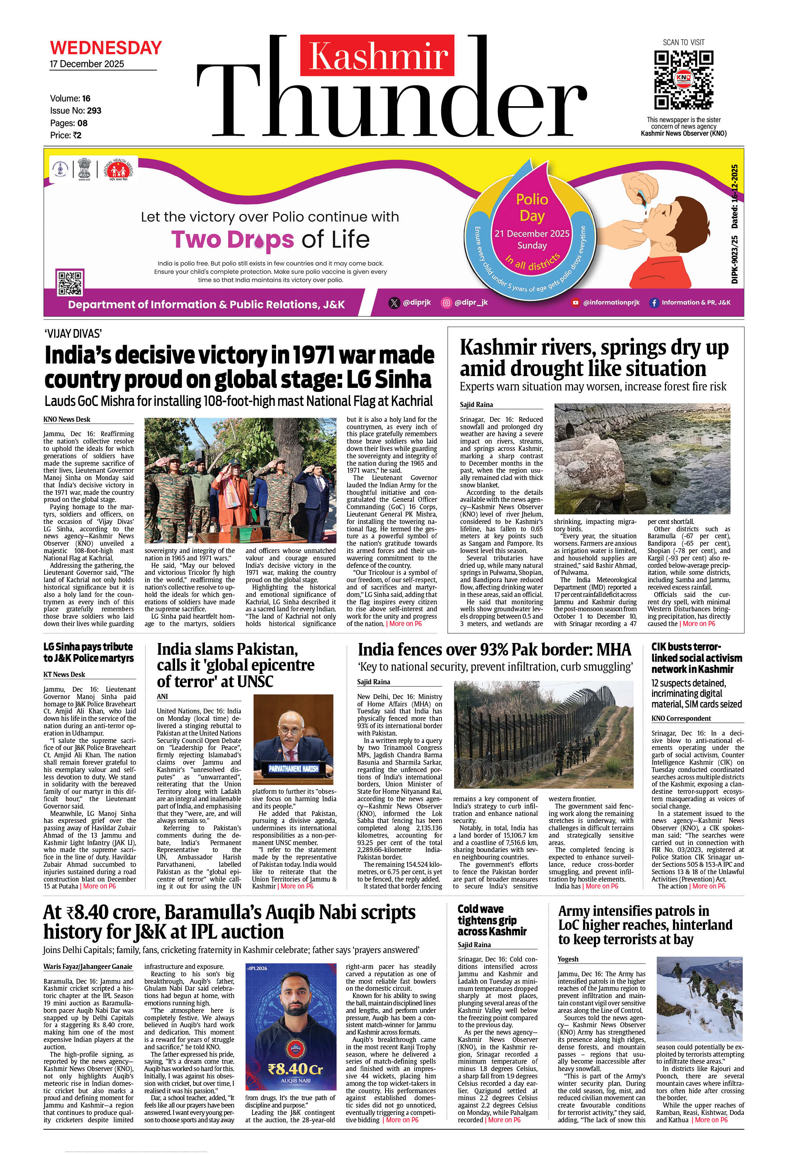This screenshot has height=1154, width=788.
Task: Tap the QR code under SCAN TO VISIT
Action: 683,79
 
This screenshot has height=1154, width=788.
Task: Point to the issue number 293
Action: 94,111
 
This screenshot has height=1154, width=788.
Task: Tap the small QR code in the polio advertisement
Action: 70,282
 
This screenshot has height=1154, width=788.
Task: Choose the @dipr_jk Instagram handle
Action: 471,302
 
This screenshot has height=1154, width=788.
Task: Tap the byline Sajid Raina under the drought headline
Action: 476,405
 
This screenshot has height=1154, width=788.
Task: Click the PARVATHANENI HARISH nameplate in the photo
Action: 293,769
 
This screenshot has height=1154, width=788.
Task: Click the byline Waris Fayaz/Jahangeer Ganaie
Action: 88,966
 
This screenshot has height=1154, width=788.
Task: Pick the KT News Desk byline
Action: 64,674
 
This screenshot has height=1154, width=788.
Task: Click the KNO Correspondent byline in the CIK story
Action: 681,718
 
